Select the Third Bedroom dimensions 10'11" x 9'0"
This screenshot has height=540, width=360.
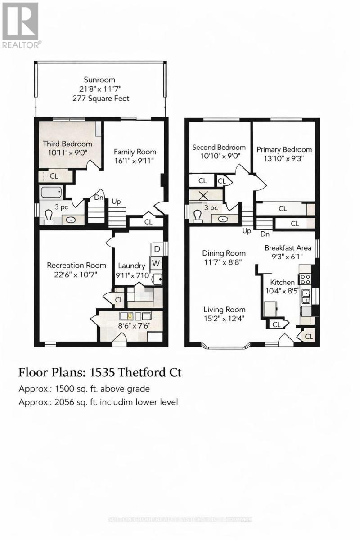tap(67, 152)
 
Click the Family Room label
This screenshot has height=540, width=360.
tap(135, 151)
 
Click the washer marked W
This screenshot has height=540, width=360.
tap(156, 262)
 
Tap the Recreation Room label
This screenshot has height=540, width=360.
tap(76, 265)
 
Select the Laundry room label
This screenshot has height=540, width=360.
tap(131, 265)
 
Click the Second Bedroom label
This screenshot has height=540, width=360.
tap(219, 147)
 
